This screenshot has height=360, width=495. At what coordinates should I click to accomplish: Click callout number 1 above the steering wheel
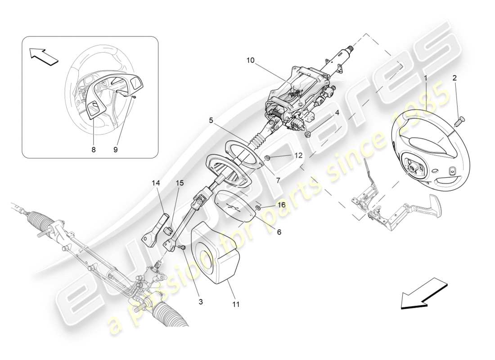(425, 78)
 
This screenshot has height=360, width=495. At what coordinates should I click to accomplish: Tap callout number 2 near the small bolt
(454, 78)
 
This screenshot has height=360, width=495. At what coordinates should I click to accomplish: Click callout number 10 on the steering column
(251, 59)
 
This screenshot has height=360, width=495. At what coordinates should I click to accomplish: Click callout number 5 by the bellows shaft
(211, 120)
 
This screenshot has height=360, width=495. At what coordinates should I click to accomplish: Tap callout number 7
(278, 180)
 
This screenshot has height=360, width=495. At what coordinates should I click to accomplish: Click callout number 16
(282, 205)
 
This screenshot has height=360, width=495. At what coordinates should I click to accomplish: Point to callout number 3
(201, 302)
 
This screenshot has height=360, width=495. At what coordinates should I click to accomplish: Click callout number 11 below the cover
(236, 304)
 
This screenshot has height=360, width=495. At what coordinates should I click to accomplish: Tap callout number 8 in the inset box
(94, 150)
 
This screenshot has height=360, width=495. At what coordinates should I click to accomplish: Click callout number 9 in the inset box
(115, 150)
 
